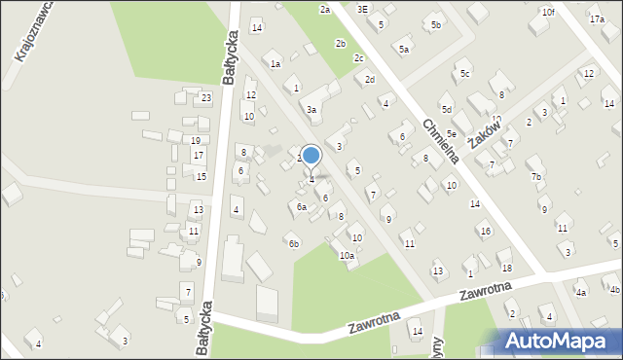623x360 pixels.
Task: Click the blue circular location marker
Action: pyautogui.click(x=311, y=156)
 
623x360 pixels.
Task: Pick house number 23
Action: pyautogui.click(x=206, y=98)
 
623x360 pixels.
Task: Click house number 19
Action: pyautogui.click(x=196, y=141)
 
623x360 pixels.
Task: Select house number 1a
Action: pyautogui.click(x=275, y=64)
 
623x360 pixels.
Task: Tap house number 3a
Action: pyautogui.click(x=311, y=110)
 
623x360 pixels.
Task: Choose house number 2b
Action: pyautogui.click(x=340, y=44)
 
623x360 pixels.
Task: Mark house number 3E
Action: pyautogui.click(x=363, y=9)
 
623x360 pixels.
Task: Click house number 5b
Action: pyautogui.click(x=436, y=24)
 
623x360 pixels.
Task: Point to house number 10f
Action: pyautogui.click(x=549, y=12)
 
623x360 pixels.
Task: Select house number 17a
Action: pyautogui.click(x=597, y=19)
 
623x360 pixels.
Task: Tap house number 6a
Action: pyautogui.click(x=302, y=206)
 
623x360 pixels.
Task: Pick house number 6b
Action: pyautogui.click(x=293, y=243)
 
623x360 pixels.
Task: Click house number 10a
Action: pyautogui.click(x=346, y=256)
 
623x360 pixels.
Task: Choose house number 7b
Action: pyautogui.click(x=536, y=176)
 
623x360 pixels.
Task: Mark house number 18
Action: pyautogui.click(x=506, y=268)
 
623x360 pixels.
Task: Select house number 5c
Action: pyautogui.click(x=465, y=74)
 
